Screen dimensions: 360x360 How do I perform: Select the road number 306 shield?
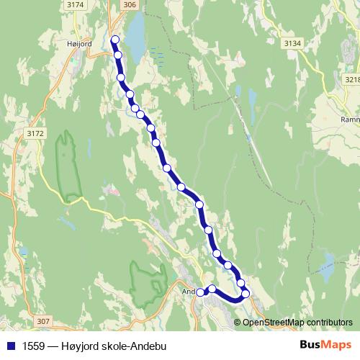coord(128,4)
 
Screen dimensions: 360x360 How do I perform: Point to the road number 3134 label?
coord(292,43)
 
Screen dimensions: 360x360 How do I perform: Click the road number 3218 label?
coord(353,79)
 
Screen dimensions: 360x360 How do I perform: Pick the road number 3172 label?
coord(34,132)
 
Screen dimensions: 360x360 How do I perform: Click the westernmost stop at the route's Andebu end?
coord(201,292)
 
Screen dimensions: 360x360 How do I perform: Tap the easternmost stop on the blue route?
coord(246,293)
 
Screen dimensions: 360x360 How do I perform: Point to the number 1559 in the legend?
coord(32,344)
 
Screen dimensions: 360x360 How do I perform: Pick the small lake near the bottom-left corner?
coord(24,252)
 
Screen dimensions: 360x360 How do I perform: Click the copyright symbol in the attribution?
coord(238,322)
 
